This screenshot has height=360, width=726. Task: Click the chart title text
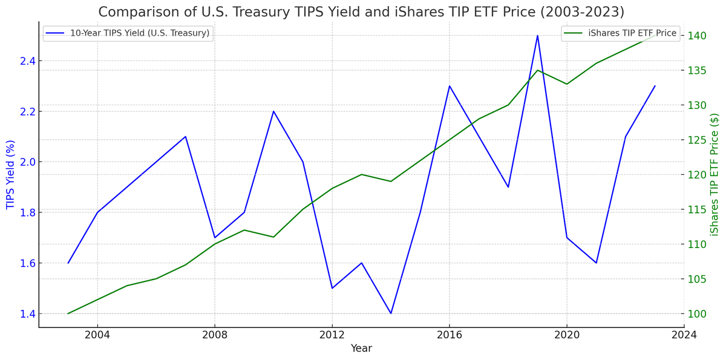(361, 12)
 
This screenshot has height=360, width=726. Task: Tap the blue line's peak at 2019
(537, 35)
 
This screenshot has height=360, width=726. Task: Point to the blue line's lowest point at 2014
(391, 313)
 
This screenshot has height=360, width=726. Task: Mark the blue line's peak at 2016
(450, 86)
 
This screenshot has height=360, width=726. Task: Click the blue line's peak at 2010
(273, 111)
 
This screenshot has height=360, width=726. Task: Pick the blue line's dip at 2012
(332, 288)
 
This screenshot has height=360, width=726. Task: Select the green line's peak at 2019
(537, 70)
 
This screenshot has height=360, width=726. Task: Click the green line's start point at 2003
(68, 313)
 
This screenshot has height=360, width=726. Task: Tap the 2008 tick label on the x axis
(215, 335)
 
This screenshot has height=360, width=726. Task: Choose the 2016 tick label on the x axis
(450, 335)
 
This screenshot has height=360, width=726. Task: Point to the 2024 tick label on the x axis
(684, 335)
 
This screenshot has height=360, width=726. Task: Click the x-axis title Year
(361, 349)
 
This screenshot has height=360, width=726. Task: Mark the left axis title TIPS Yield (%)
(10, 174)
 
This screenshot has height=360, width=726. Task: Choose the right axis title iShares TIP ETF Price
(715, 174)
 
